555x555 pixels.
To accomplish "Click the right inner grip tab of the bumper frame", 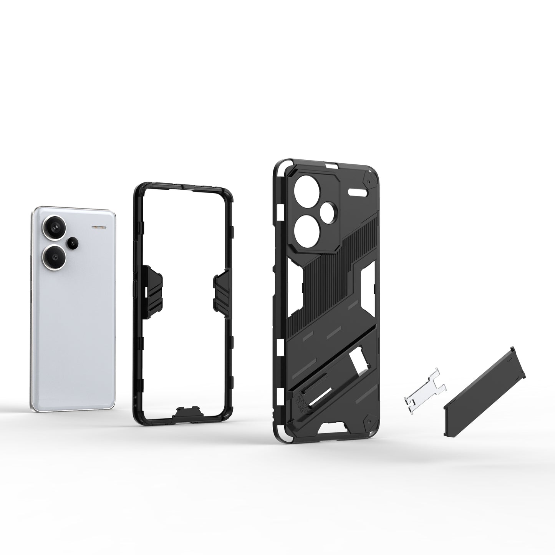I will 222,288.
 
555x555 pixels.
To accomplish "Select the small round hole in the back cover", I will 326,211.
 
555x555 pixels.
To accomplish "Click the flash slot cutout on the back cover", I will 359,190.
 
